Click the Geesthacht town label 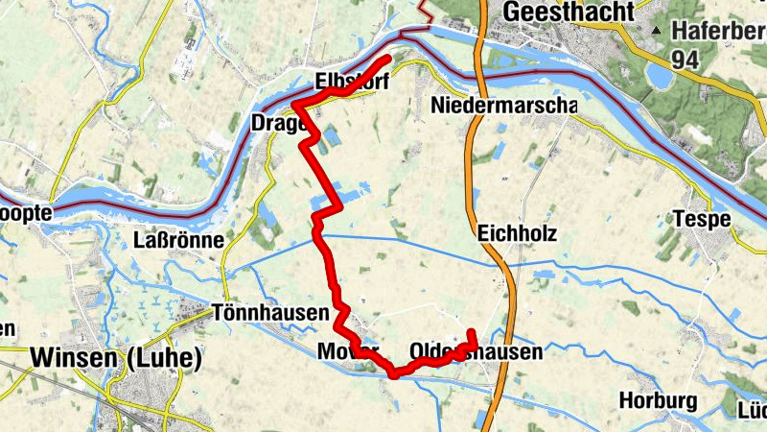coord(568,12)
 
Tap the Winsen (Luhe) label coord(116,358)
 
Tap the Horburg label coord(657,399)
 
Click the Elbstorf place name coord(351,83)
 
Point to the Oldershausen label coord(476,352)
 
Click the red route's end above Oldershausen coord(472,332)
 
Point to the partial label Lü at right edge coord(750,411)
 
